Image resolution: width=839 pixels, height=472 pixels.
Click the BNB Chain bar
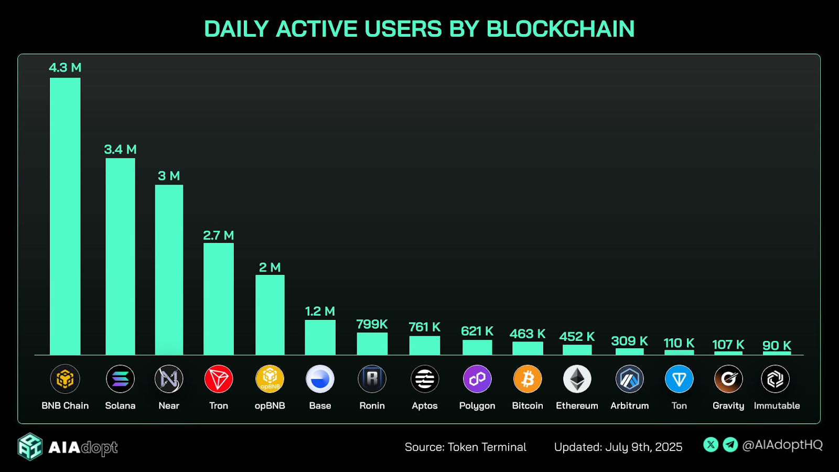point(65,216)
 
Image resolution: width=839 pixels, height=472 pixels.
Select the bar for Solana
point(120,256)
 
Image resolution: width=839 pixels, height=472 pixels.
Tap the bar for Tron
point(219,299)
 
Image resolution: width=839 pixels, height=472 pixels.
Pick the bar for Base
point(320,337)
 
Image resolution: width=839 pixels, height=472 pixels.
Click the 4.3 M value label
point(65,68)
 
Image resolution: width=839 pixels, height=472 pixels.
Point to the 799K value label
point(372,324)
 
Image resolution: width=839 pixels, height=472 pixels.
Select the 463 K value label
point(528,334)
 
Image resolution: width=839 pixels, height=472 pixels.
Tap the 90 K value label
point(777,345)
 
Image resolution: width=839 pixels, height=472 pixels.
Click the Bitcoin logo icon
point(528,379)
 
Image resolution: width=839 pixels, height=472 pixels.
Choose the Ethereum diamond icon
point(577,379)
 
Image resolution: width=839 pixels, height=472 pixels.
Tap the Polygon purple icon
point(477,379)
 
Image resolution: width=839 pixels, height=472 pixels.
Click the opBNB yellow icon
point(270,379)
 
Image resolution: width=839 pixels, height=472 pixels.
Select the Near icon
point(169,379)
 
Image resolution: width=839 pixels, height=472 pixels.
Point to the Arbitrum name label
point(629,405)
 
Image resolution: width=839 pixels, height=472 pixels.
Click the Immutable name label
point(777,405)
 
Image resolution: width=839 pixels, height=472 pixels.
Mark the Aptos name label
point(424,405)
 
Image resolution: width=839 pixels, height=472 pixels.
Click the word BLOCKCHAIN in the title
point(560,29)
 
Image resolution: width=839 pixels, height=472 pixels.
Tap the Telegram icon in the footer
point(730,445)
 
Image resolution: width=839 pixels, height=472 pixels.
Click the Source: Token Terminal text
point(465,447)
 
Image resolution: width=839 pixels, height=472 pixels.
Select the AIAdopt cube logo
point(30,447)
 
